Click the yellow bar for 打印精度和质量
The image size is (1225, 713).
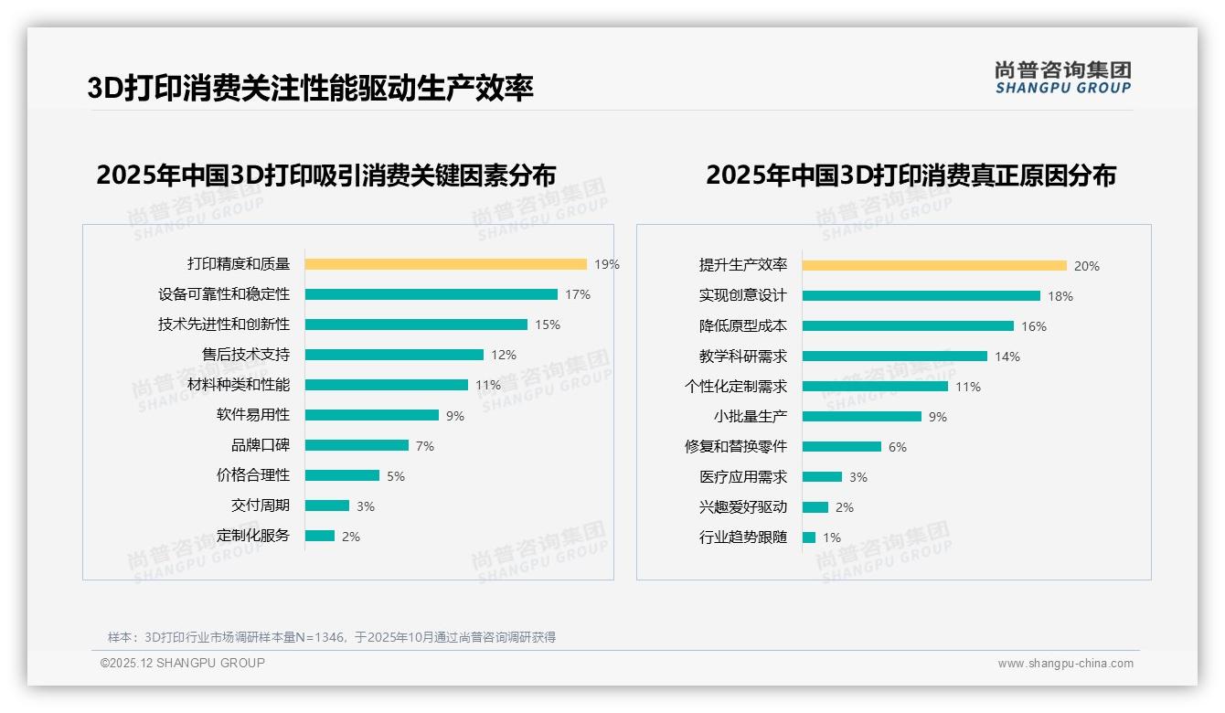[445, 264]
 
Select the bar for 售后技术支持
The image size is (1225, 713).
[394, 355]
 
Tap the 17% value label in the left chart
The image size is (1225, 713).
[578, 294]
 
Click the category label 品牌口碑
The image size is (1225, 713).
[261, 445]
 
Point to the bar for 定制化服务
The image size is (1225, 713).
[320, 536]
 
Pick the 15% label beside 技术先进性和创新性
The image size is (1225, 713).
[548, 325]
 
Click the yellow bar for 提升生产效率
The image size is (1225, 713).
[934, 266]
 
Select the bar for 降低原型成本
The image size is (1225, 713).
[908, 326]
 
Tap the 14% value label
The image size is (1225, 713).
[1007, 356]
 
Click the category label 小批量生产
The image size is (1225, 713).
[751, 417]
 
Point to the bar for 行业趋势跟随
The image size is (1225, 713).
[809, 537]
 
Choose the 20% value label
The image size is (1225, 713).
[1087, 266]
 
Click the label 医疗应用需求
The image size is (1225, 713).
[743, 477]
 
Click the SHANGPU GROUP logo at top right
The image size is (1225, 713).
[1062, 78]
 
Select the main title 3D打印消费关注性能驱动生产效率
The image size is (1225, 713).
[311, 88]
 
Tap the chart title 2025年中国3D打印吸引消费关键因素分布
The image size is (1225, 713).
[326, 175]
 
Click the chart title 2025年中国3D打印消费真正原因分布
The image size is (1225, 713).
[911, 175]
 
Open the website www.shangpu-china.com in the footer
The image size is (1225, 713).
[1065, 664]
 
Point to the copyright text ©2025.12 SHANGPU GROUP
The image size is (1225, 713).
[183, 663]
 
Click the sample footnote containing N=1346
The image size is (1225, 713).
[332, 637]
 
